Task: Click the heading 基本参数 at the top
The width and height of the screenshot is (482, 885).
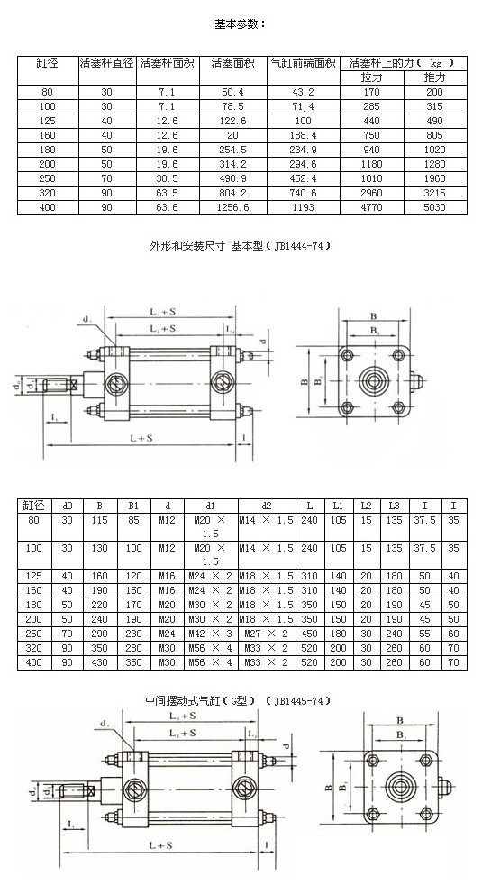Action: (x=241, y=23)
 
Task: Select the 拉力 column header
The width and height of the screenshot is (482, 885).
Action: (x=371, y=78)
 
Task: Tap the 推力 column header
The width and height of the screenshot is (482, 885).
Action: (x=434, y=78)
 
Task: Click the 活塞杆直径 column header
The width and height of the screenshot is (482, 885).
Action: (x=106, y=63)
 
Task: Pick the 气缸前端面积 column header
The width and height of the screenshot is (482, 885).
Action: (x=303, y=63)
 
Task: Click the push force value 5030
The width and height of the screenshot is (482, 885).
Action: (x=434, y=207)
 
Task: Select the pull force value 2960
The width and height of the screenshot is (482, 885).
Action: (x=371, y=194)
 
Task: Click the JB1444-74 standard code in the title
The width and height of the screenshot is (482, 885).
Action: (x=299, y=245)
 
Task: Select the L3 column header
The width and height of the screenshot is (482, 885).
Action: (x=395, y=505)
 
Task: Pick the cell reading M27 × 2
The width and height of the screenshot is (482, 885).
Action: (x=267, y=634)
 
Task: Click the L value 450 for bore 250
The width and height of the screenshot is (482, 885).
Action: (x=310, y=634)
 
